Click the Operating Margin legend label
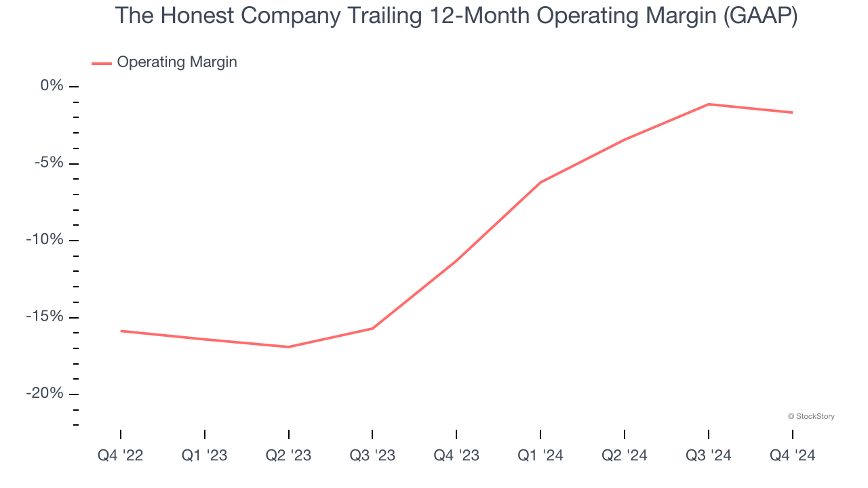tap(177, 62)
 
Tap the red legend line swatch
tap(102, 63)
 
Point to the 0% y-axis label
tap(52, 86)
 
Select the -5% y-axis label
tap(49, 163)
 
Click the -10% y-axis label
tap(45, 240)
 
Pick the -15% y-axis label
tap(45, 317)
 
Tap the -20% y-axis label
tap(45, 394)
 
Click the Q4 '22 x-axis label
tap(121, 455)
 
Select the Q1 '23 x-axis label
tap(205, 455)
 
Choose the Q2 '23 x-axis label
tap(289, 455)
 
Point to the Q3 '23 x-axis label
tap(372, 455)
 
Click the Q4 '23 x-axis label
tap(456, 455)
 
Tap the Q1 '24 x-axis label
tap(540, 455)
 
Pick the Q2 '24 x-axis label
tap(625, 455)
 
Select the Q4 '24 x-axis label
tap(792, 455)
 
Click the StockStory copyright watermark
tap(811, 416)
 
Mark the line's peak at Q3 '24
tap(709, 104)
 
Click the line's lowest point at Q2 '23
tap(289, 347)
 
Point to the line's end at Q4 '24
tap(792, 113)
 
